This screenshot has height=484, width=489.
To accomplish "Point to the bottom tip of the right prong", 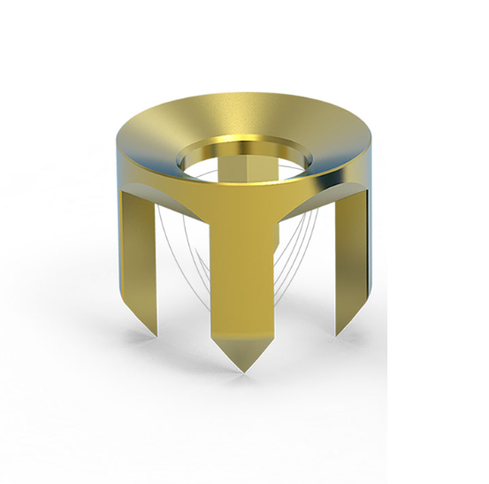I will click(x=338, y=334).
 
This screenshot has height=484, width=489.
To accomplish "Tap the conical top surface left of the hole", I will click(x=155, y=137).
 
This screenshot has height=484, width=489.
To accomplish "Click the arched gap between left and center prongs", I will click(x=181, y=248).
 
